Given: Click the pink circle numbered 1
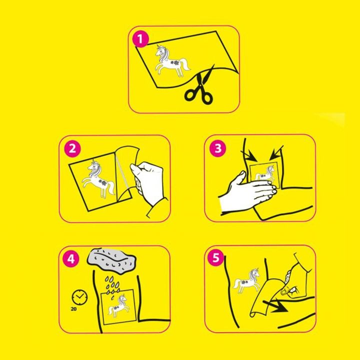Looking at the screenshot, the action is pos(140,39).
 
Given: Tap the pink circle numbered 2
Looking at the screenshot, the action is pos(72,148).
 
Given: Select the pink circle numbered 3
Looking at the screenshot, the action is pos(218,148).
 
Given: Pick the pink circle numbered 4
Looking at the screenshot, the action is pos(71,259).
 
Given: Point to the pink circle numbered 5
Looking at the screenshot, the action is pos(216,257).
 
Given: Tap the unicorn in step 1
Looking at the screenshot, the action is pos(171,61).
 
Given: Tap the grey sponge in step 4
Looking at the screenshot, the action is pos(112,261).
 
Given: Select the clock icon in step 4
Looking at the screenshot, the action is pos(79,297).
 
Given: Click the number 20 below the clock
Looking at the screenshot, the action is pos(73,309).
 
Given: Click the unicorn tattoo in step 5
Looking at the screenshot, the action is pos(247,280).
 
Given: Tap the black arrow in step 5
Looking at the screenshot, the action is pos(275,306).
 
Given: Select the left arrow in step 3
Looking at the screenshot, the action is pos(249,156).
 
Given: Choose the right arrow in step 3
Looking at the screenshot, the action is pos(276,153).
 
